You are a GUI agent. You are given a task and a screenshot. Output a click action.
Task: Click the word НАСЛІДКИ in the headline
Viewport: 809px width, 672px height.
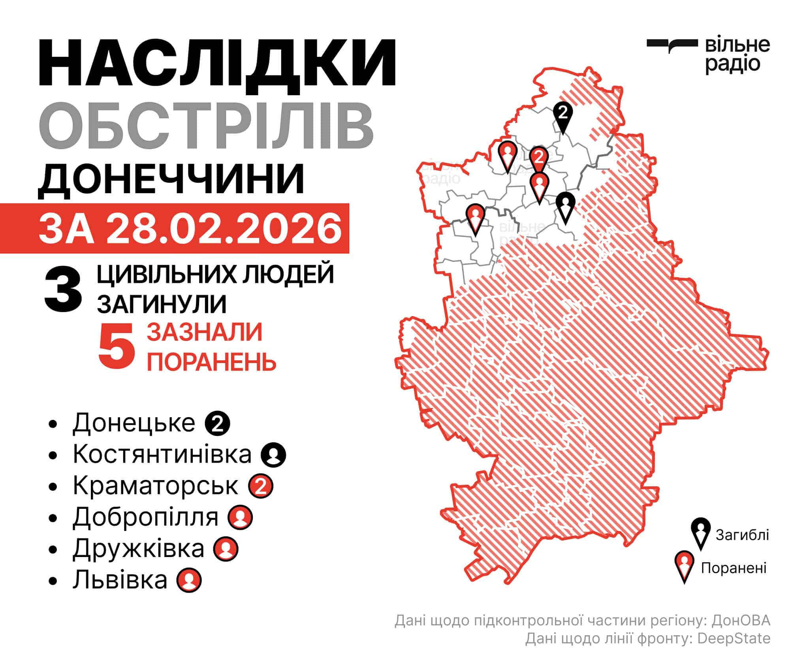point(217,63)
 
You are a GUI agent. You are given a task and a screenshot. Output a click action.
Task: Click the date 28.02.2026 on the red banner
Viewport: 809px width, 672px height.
point(224,229)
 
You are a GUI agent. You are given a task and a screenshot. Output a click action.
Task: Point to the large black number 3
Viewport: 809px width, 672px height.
point(63,290)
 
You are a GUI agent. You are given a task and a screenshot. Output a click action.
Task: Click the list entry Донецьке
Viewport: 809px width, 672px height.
point(134,423)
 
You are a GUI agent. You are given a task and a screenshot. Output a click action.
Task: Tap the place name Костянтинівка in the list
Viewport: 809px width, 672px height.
point(162,454)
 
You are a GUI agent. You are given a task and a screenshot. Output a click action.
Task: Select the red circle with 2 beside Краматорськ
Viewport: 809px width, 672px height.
point(261,486)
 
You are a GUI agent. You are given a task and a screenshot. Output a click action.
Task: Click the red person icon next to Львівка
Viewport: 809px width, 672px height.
point(189,580)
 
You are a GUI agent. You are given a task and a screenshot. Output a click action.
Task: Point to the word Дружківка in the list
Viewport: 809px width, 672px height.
point(138,549)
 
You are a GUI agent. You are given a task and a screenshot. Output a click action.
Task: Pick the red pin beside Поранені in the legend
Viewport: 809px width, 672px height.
point(685,565)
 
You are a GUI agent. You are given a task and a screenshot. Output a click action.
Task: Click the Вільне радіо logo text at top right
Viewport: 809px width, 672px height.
point(737,55)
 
